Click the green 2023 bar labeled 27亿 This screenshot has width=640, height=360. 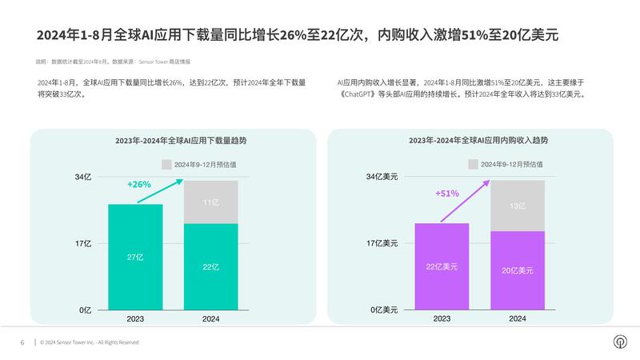pyautogui.click(x=135, y=257)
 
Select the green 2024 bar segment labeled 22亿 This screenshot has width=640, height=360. pyautogui.click(x=211, y=266)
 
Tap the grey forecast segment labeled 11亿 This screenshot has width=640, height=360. pyautogui.click(x=211, y=202)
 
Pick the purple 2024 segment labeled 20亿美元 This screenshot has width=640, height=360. pyautogui.click(x=518, y=270)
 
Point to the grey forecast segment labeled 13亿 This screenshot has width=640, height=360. pyautogui.click(x=518, y=206)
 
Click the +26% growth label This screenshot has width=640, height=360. pyautogui.click(x=139, y=185)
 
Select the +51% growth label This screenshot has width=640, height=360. pyautogui.click(x=446, y=193)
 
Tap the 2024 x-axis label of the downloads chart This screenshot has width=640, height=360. pyautogui.click(x=211, y=319)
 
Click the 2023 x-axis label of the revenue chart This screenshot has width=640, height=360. pyautogui.click(x=442, y=319)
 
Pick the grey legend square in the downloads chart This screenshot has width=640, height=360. pyautogui.click(x=166, y=164)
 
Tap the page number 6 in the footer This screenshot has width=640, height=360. pyautogui.click(x=22, y=342)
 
